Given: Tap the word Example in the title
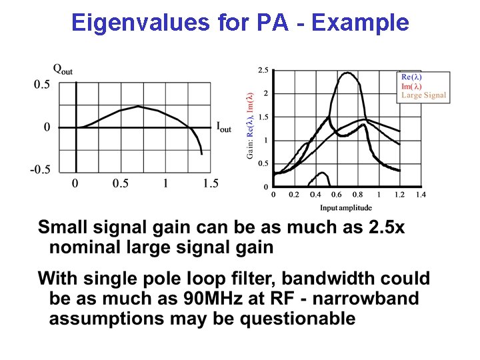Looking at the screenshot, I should [x=360, y=23].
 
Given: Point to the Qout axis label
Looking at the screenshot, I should [x=63, y=69].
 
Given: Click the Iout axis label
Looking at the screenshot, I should [x=224, y=127].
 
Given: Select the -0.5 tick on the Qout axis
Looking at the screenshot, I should [x=39, y=169].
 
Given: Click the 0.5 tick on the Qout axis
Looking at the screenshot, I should [x=42, y=85].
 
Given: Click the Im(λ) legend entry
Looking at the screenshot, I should [x=411, y=86].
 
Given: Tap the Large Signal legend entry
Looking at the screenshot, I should [x=423, y=95].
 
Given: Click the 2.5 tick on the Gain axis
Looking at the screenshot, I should [x=263, y=70].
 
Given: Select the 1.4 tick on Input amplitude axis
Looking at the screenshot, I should [x=420, y=195].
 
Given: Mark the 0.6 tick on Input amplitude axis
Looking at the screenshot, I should [x=336, y=195].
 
